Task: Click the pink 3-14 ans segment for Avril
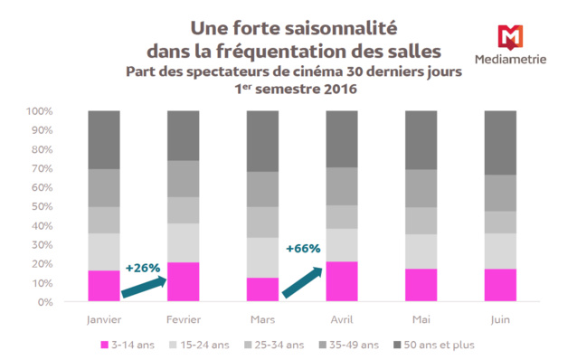tap(342, 281)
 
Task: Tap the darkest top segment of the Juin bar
tap(501, 142)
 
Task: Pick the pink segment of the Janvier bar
tap(104, 286)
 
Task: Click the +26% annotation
tap(142, 268)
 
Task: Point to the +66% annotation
tap(302, 248)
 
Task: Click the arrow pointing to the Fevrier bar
tap(144, 287)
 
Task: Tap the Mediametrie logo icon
tap(511, 36)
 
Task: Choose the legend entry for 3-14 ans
tap(130, 345)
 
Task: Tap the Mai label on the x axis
tap(421, 319)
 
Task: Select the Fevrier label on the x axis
tap(184, 319)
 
